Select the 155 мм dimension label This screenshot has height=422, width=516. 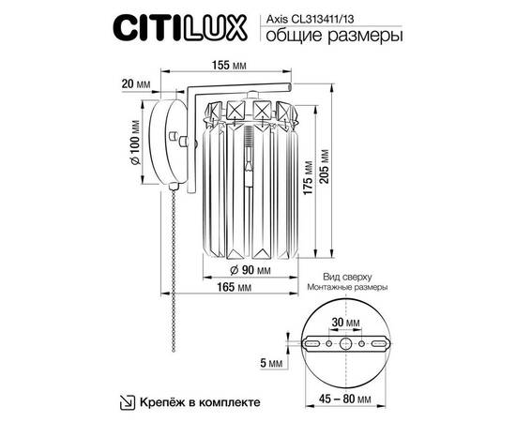coord(228,67)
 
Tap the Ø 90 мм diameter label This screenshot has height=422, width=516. coord(250,272)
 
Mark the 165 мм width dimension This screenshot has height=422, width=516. coord(237,291)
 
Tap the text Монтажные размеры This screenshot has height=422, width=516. coord(346,290)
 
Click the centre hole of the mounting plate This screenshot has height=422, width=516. coord(346,345)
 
